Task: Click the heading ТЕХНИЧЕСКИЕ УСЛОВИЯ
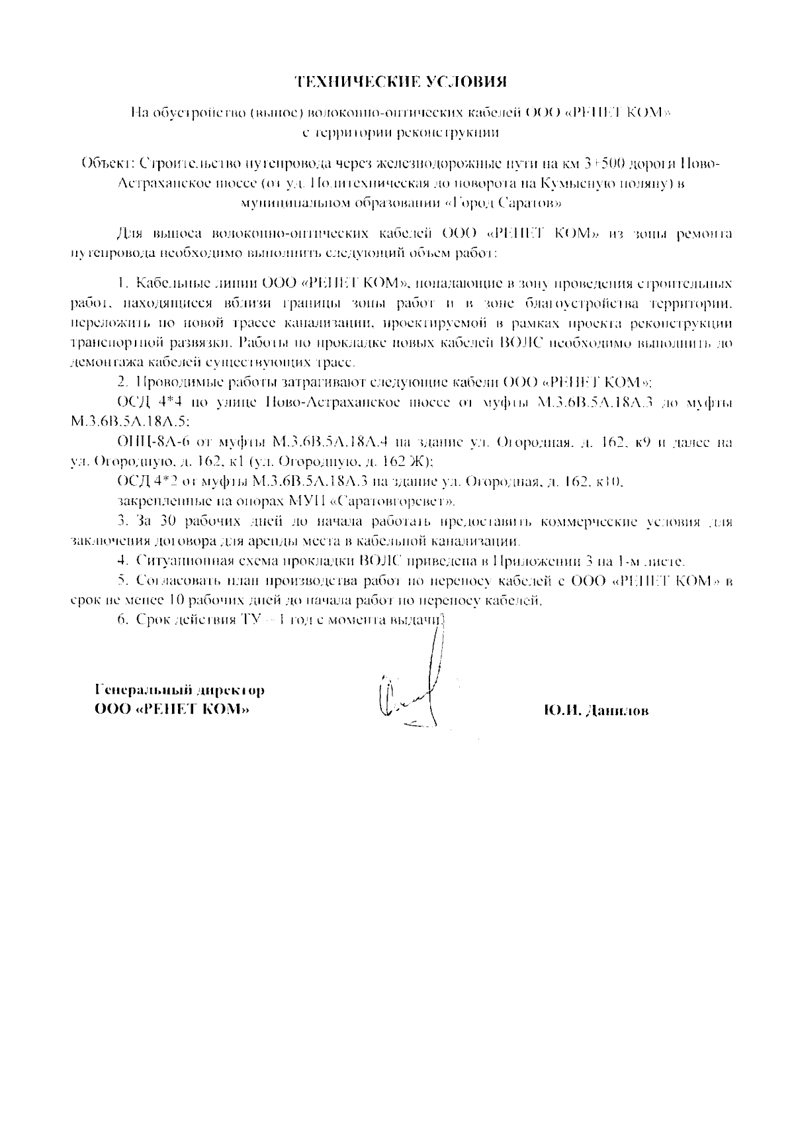coord(401,82)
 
